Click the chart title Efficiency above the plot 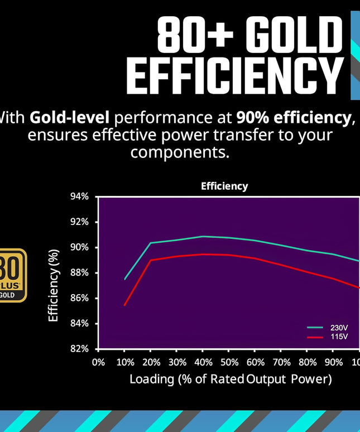click(x=224, y=186)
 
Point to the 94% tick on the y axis click(x=80, y=196)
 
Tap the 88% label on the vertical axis click(x=80, y=273)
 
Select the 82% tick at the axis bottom click(x=80, y=349)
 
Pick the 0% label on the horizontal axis click(x=98, y=362)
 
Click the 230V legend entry click(x=339, y=328)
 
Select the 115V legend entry click(x=339, y=337)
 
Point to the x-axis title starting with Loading click(x=231, y=380)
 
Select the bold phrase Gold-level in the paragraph click(x=70, y=118)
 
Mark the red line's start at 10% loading click(x=124, y=305)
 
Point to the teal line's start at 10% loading click(x=124, y=279)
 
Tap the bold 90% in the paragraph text click(x=249, y=118)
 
